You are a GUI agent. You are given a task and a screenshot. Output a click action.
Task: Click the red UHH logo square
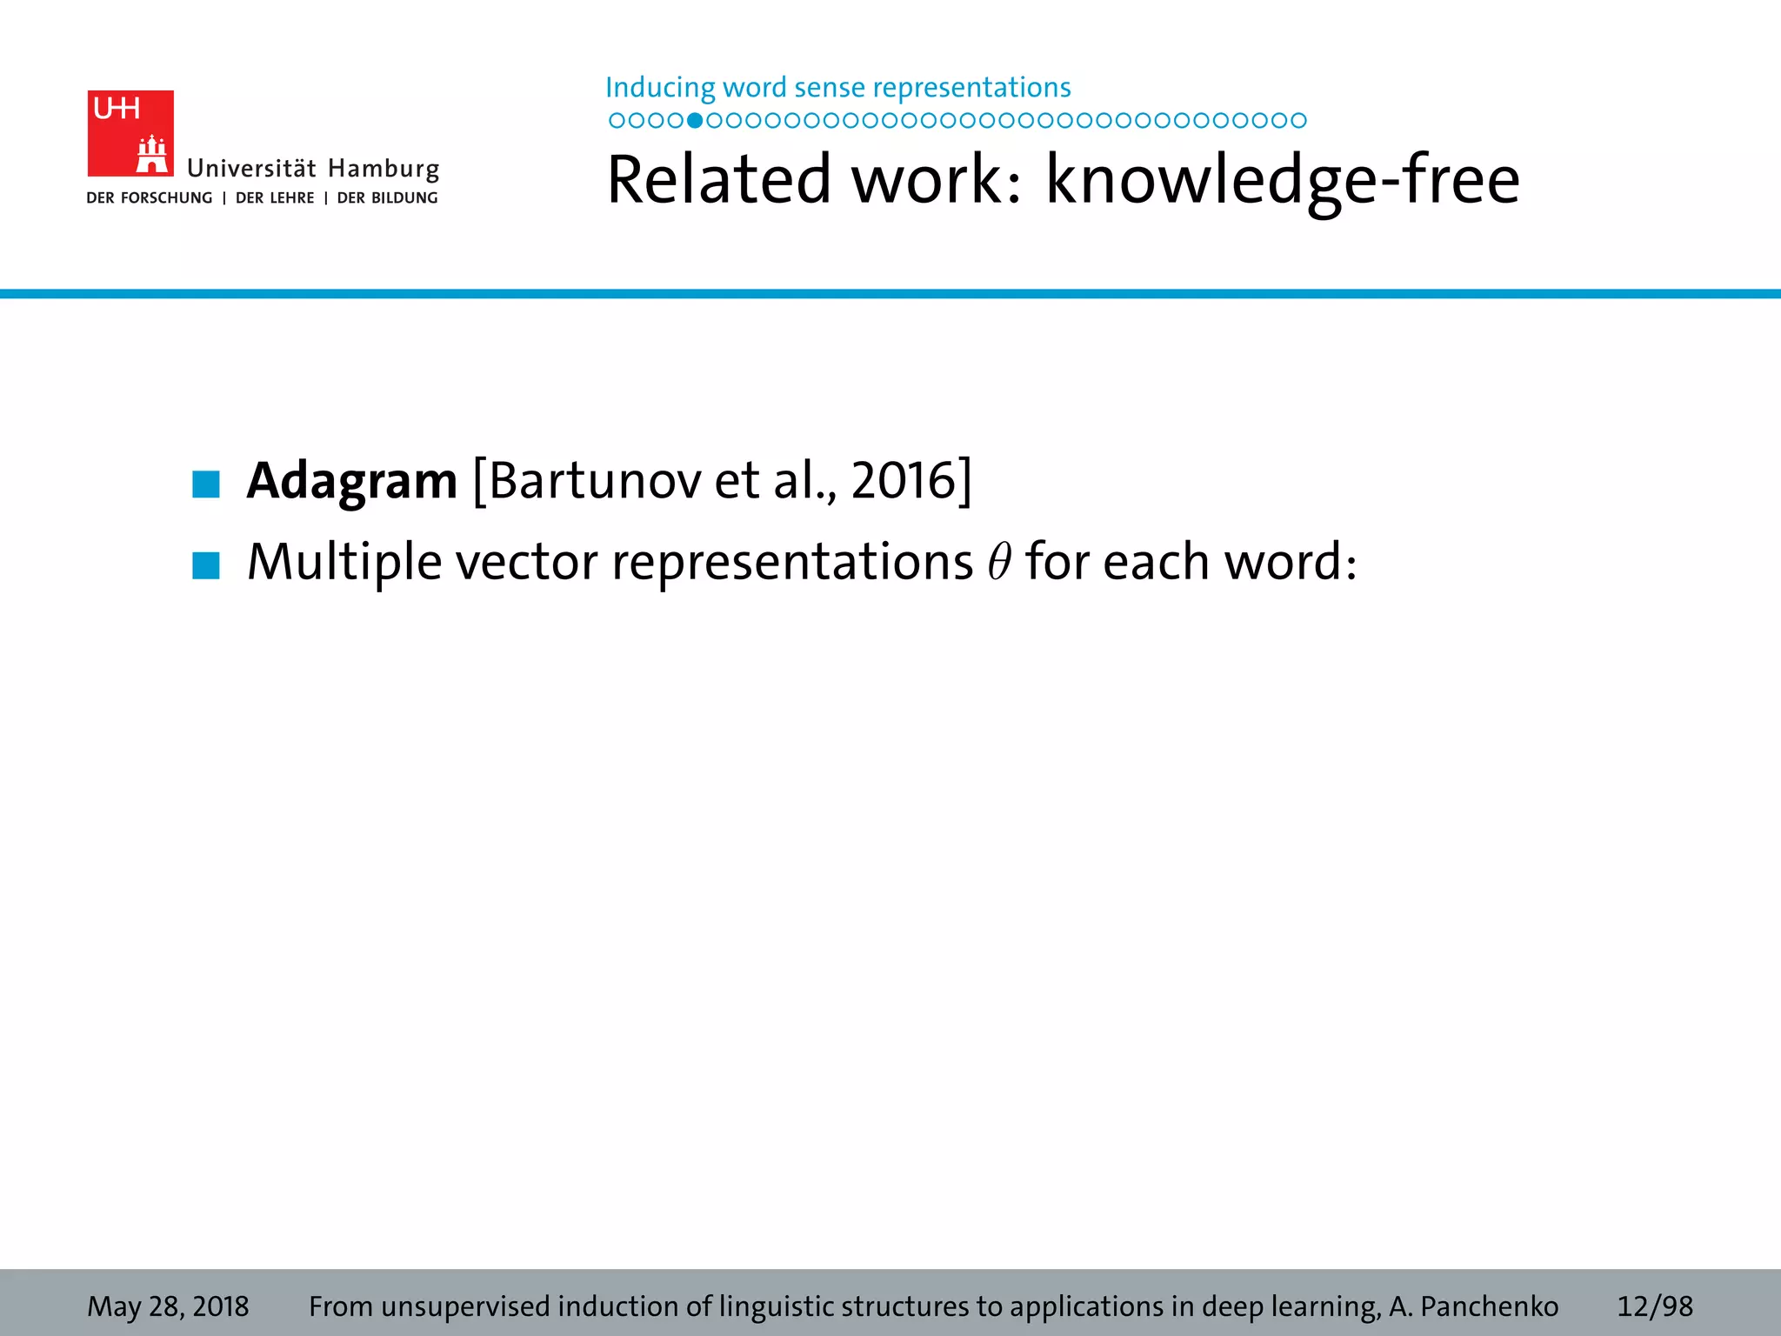pyautogui.click(x=130, y=133)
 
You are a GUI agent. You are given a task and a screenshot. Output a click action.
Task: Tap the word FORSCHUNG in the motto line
pyautogui.click(x=166, y=198)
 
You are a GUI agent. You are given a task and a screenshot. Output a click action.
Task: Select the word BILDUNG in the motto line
pyautogui.click(x=404, y=198)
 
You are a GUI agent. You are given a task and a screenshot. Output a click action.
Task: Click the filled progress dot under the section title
pyautogui.click(x=694, y=121)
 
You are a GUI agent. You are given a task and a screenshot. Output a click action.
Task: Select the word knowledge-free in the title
pyautogui.click(x=1282, y=180)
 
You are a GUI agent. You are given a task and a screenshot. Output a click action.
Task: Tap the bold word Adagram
pyautogui.click(x=351, y=481)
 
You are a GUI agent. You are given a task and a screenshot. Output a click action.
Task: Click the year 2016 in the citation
pyautogui.click(x=904, y=481)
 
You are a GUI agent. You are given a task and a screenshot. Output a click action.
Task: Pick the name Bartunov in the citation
pyautogui.click(x=595, y=481)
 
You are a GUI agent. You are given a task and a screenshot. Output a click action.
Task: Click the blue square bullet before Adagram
pyautogui.click(x=206, y=484)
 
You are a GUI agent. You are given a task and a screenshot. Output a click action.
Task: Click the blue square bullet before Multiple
pyautogui.click(x=206, y=565)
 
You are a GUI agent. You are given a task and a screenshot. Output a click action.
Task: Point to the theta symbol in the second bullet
pyautogui.click(x=999, y=562)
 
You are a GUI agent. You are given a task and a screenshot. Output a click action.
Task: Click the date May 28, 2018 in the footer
pyautogui.click(x=168, y=1306)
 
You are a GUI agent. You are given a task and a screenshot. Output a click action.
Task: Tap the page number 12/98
pyautogui.click(x=1654, y=1306)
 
